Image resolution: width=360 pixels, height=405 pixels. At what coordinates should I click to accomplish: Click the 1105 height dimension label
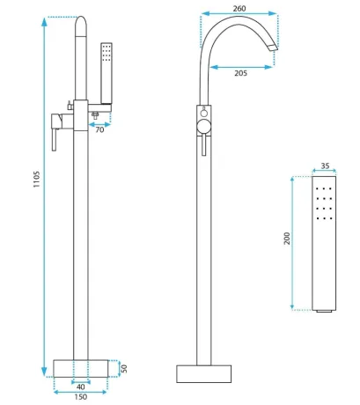click(36, 180)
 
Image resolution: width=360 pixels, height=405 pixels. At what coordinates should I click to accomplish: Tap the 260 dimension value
click(239, 9)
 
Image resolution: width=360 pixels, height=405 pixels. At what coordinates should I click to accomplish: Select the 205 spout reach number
click(240, 73)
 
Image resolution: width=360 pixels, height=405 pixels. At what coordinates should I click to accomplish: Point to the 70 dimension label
click(99, 129)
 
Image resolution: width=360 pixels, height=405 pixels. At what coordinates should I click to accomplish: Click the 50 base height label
click(124, 369)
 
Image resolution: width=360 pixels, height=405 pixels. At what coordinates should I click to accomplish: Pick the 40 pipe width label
click(81, 387)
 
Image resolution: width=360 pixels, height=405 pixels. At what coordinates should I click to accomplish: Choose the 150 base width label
click(81, 397)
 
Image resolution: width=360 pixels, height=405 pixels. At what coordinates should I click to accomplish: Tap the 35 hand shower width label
click(325, 166)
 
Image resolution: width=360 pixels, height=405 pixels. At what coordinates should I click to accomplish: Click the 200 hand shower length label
click(287, 239)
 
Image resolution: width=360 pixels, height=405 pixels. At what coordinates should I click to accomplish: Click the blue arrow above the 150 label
click(81, 392)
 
